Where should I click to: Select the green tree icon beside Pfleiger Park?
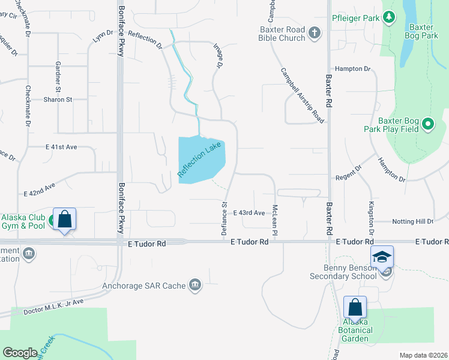pos(390,18)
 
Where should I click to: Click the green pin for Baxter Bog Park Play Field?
pos(428,124)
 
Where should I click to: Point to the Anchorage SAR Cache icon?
pos(194,286)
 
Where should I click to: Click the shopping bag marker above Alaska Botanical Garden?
pos(355,307)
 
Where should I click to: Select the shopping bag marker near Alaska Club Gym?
pos(64,219)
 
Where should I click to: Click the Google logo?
pos(20,353)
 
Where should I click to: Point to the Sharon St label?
pos(57,100)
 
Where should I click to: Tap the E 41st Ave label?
pos(61,146)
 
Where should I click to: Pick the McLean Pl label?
pos(274,220)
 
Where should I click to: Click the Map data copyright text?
pos(423,355)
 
